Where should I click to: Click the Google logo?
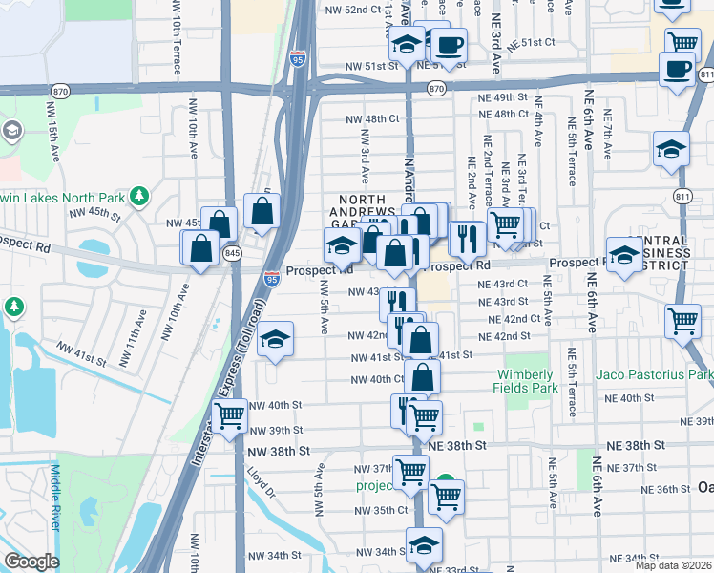[32, 562]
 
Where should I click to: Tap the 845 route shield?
[232, 254]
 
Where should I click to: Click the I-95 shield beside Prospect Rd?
[272, 279]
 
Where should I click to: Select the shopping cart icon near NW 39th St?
[230, 416]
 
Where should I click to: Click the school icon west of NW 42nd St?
[275, 339]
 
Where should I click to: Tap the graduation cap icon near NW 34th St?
[424, 544]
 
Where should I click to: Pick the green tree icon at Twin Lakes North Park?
[139, 197]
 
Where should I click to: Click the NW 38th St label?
[279, 450]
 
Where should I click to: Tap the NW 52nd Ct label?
[346, 10]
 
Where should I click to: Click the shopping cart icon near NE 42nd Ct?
[683, 322]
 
